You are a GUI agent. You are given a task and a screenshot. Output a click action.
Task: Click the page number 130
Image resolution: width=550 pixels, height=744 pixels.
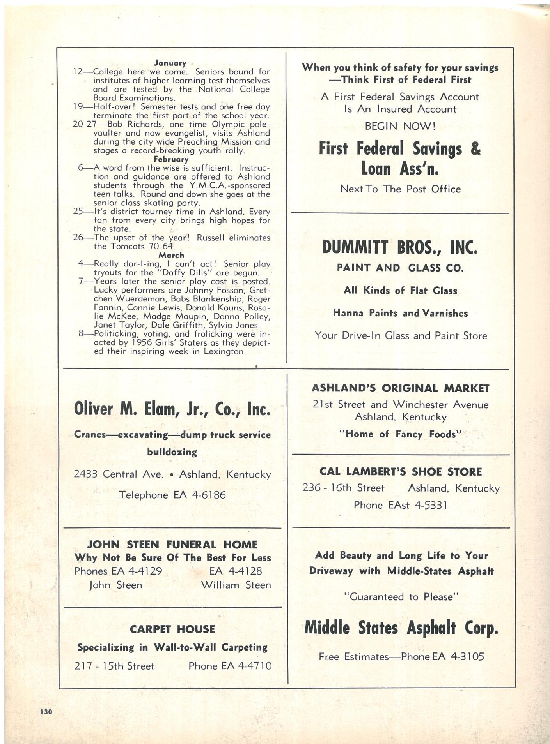pos(46,711)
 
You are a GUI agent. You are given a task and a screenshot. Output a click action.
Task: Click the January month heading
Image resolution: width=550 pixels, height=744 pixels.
pos(170,63)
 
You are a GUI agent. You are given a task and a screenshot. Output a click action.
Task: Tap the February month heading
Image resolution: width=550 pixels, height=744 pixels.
pos(171,159)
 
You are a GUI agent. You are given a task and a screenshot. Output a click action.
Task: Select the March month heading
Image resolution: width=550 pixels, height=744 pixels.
pos(171,255)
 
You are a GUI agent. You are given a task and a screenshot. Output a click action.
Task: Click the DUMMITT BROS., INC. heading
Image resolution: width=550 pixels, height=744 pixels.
pos(400,247)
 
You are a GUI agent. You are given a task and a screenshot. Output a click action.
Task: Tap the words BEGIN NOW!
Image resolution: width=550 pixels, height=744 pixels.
pos(400,126)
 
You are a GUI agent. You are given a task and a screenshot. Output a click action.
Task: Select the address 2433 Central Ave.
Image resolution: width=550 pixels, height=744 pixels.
pos(118,474)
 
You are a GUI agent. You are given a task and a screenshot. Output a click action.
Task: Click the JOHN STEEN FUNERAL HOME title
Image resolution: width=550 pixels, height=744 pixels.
pos(172,544)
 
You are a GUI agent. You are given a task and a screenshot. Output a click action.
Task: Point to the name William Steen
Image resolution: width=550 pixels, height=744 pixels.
pos(236,585)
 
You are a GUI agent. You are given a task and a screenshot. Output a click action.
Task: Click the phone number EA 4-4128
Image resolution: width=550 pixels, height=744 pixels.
pos(236,571)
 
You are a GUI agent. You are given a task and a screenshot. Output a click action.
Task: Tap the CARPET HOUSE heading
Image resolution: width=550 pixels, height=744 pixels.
pos(172,629)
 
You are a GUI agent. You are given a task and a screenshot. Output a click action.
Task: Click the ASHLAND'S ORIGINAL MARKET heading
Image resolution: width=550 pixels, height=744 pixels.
pos(400,388)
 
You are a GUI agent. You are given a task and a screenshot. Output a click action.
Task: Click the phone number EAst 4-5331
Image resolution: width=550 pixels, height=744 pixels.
pos(417,505)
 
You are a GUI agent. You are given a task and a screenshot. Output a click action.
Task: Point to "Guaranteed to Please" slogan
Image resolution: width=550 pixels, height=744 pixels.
pos(400,597)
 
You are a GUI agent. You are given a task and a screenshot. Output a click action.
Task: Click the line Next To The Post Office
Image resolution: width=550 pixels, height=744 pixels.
pos(400,189)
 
